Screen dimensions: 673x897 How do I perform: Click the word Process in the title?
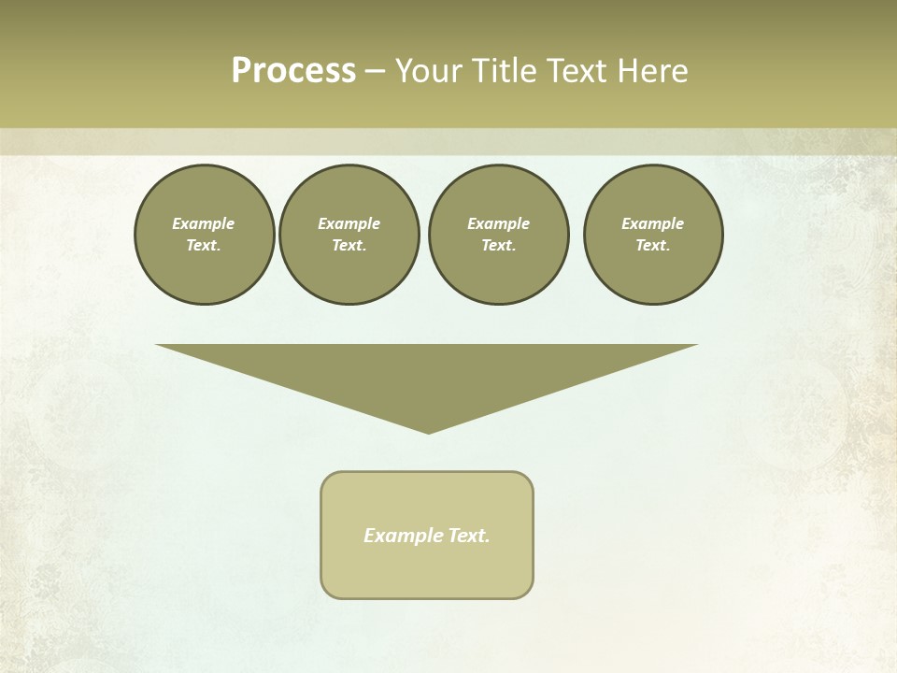pos(293,71)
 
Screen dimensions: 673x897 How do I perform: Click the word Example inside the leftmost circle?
pos(204,223)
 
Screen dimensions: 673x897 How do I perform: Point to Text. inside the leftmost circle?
pos(204,245)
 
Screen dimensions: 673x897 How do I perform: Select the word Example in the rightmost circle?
pos(652,223)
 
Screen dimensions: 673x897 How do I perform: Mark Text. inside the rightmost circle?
pos(652,245)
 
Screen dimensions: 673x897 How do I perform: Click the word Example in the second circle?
pos(349,223)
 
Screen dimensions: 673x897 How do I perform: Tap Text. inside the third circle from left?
pos(498,245)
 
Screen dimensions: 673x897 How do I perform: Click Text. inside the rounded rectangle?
pos(468,536)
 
